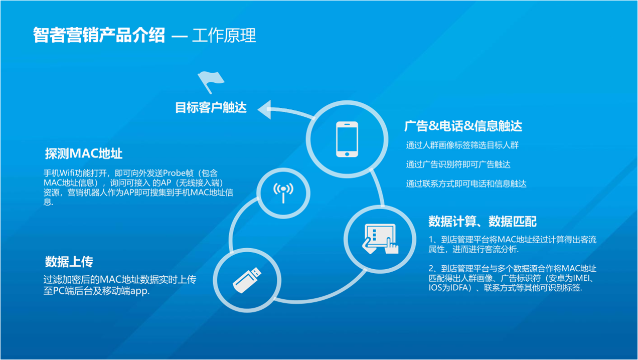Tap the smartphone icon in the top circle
(x=347, y=139)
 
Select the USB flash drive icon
(x=247, y=280)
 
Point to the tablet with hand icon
(x=380, y=239)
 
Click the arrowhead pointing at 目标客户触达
(x=264, y=109)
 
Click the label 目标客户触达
(x=211, y=108)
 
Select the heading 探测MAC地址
(x=84, y=153)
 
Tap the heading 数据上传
(x=69, y=261)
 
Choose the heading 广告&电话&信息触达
(x=463, y=126)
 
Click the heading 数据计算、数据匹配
(x=483, y=221)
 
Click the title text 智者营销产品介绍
(x=99, y=35)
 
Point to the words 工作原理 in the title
(x=224, y=35)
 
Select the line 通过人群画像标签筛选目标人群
(x=462, y=145)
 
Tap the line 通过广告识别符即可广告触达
(x=458, y=164)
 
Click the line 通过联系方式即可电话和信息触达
(x=466, y=184)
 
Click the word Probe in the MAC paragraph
(x=174, y=173)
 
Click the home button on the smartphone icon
(x=347, y=154)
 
